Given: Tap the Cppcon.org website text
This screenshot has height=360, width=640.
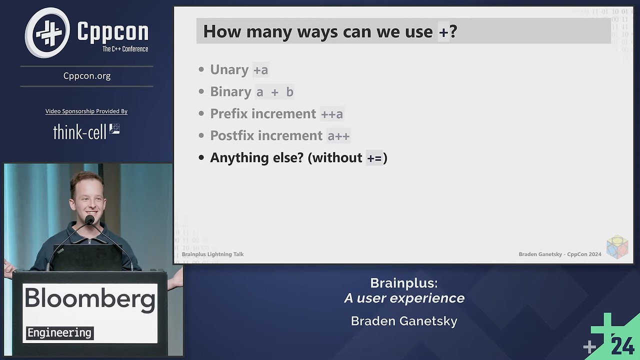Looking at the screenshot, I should (87, 76).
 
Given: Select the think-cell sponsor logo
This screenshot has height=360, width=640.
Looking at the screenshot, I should (86, 131).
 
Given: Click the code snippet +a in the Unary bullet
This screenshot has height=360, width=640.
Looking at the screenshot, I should (260, 70).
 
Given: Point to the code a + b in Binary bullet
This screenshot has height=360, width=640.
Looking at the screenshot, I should (274, 92).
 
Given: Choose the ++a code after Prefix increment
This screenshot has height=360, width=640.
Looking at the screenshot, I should (332, 114).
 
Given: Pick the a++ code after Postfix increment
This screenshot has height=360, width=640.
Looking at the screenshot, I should (338, 136).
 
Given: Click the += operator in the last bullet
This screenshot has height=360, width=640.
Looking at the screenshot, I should (374, 158).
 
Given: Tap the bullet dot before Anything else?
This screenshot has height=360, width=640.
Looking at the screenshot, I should (201, 157).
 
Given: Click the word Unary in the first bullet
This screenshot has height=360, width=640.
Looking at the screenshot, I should (229, 69).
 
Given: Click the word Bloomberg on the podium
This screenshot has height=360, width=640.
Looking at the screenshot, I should (90, 299).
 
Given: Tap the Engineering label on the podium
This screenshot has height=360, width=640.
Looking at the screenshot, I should (59, 332).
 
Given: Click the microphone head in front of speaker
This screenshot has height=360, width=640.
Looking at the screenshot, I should (90, 219).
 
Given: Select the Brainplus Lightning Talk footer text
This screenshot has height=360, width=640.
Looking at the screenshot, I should (212, 254).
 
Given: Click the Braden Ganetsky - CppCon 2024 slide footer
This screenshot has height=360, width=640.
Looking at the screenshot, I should (559, 254).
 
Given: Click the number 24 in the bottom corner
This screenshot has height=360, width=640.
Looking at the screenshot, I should (622, 345).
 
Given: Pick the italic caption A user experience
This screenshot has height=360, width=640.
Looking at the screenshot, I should (404, 298).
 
